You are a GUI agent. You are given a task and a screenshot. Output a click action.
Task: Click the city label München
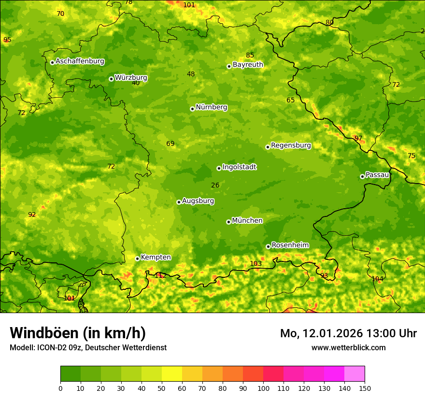click(x=247, y=221)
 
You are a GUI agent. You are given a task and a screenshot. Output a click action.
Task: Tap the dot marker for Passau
click(x=362, y=176)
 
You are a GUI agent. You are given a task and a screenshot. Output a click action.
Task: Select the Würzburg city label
click(x=131, y=78)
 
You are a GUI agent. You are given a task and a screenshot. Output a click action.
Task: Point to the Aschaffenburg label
click(x=80, y=61)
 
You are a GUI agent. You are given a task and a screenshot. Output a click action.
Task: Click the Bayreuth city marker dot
click(x=229, y=66)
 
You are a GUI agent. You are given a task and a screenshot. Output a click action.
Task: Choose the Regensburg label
click(x=291, y=145)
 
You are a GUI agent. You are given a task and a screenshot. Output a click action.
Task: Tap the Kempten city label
click(x=156, y=258)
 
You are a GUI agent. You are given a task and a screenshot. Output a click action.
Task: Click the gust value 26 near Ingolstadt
click(x=215, y=185)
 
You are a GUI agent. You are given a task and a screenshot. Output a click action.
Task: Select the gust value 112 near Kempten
click(x=160, y=275)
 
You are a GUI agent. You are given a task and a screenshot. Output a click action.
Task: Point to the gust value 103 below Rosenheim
click(x=255, y=263)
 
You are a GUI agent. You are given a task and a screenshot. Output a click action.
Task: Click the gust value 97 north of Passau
click(x=358, y=138)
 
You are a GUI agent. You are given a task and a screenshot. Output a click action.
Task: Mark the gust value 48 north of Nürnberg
click(x=191, y=74)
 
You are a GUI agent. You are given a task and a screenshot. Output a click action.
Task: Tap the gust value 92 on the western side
click(x=32, y=215)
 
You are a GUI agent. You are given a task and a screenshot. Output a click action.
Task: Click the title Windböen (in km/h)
click(x=78, y=333)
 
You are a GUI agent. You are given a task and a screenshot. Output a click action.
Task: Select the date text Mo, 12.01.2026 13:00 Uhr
click(x=348, y=333)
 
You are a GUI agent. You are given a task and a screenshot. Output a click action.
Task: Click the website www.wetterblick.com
click(x=348, y=347)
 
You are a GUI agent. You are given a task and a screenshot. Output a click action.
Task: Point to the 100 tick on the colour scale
click(x=263, y=388)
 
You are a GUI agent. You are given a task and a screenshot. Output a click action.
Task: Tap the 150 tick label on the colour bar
click(x=365, y=388)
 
